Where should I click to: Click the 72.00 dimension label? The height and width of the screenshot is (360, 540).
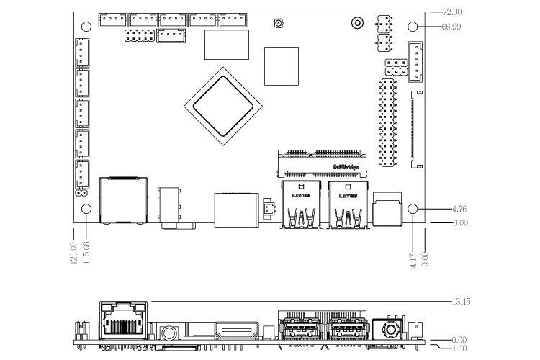[x=451, y=12]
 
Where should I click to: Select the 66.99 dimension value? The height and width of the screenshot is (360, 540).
[x=451, y=27]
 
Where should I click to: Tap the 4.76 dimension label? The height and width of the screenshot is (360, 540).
[x=459, y=209]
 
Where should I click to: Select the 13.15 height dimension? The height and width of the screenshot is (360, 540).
[x=461, y=301]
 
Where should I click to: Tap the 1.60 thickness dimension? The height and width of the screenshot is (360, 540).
[x=458, y=348]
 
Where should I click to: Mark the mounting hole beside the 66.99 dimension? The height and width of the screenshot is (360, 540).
[x=413, y=27]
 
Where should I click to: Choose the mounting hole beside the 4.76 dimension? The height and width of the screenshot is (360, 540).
[x=413, y=209]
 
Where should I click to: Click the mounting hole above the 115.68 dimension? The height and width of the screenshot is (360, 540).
[x=87, y=210]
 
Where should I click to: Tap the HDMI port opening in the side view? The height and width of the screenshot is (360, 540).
[x=236, y=332]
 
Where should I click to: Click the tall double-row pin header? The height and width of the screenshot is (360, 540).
[x=387, y=123]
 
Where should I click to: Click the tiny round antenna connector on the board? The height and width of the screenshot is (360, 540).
[x=277, y=24]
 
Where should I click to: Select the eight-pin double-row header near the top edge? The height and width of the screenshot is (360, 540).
[x=138, y=35]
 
